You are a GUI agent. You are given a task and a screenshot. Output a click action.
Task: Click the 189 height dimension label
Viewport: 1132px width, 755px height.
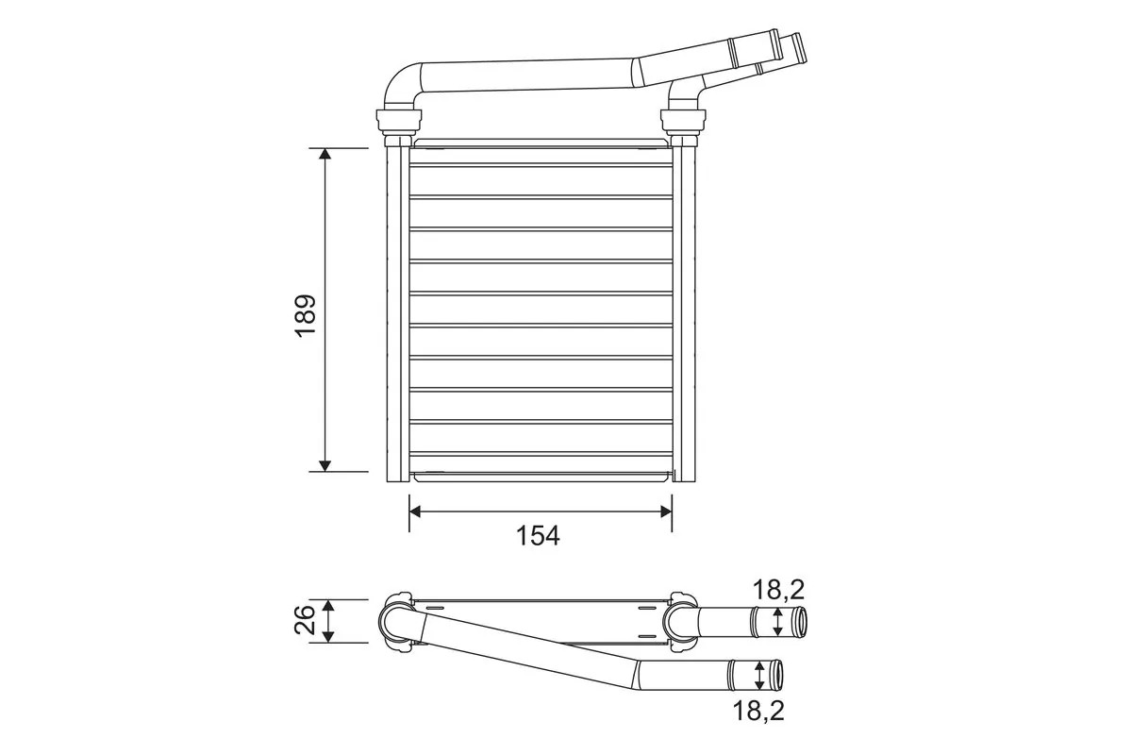click(x=306, y=316)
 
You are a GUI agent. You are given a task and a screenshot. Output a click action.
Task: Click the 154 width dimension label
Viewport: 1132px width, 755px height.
click(x=538, y=536)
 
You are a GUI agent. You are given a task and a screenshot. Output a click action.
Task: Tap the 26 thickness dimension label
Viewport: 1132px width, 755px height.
click(x=306, y=620)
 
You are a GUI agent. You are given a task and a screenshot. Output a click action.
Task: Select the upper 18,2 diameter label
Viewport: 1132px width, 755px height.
click(x=778, y=591)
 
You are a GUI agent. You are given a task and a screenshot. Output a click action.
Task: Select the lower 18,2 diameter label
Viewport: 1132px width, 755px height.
click(x=759, y=710)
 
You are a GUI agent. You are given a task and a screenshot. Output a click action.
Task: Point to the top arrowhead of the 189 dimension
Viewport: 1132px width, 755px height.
click(x=325, y=155)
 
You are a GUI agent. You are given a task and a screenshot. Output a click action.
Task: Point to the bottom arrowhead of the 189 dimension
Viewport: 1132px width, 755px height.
click(x=325, y=463)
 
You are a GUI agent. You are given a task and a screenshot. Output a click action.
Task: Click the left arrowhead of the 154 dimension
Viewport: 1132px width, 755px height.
click(x=416, y=511)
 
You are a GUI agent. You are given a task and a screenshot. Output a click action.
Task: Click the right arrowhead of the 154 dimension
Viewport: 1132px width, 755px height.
click(x=665, y=511)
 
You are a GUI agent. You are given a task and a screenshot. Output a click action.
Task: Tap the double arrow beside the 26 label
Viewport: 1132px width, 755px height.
click(x=328, y=621)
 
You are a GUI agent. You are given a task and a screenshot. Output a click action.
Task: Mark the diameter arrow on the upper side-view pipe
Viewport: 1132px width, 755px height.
click(x=777, y=621)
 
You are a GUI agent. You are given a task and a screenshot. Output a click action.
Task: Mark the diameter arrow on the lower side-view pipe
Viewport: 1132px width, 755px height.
click(x=760, y=675)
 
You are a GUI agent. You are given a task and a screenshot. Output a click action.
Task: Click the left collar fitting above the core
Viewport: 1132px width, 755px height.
click(x=399, y=121)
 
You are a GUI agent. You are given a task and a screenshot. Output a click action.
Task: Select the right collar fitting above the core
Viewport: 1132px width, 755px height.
click(x=683, y=121)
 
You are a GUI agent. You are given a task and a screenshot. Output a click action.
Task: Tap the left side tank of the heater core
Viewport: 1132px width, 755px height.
click(x=397, y=311)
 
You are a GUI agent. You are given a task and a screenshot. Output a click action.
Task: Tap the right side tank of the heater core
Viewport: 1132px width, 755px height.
click(x=685, y=311)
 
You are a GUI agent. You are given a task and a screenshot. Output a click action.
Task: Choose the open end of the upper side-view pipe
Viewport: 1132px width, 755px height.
click(x=800, y=622)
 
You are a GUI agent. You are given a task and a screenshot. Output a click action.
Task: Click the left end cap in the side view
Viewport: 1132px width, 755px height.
click(x=395, y=622)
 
